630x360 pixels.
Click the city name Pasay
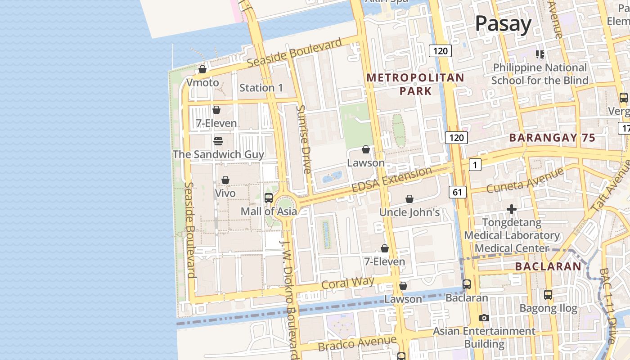503,23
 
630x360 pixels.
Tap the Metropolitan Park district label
415,84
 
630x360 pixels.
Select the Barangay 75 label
552,138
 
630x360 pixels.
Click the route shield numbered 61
457,193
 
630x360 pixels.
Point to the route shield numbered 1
475,165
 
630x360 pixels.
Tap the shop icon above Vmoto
202,69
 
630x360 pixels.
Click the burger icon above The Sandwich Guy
218,141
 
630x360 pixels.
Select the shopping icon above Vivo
225,180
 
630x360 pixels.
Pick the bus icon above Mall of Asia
268,198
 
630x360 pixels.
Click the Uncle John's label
409,212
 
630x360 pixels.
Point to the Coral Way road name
348,283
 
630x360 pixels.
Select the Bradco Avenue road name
357,343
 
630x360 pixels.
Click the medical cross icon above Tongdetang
511,209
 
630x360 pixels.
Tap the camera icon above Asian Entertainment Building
484,318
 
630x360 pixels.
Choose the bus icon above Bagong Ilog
548,295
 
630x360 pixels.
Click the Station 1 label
261,88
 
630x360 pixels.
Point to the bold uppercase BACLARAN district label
548,266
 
